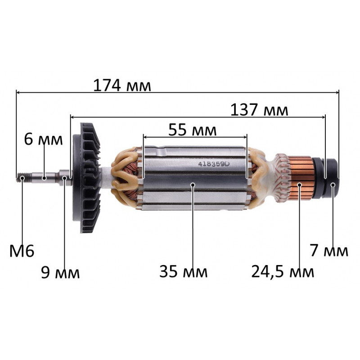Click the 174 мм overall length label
[122, 86]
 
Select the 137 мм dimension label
[259, 110]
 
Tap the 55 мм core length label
[193, 130]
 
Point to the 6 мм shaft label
[43, 139]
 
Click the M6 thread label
[22, 251]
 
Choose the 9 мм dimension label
[60, 272]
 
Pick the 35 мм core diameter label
[184, 271]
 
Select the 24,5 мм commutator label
[283, 272]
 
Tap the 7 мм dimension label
[329, 250]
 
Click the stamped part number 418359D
[214, 164]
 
